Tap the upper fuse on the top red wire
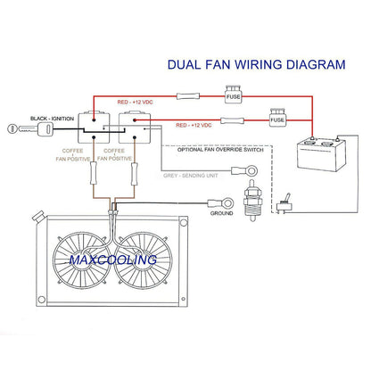[x=233, y=95]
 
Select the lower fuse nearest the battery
[x=277, y=118]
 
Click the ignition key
[x=29, y=129]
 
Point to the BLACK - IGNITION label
[x=52, y=119]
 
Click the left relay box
[x=94, y=128]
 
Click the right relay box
[x=135, y=128]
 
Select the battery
[x=322, y=154]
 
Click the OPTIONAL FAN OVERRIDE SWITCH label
[x=220, y=149]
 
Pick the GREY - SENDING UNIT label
[x=191, y=176]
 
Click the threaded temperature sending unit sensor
[x=252, y=201]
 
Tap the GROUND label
[x=221, y=213]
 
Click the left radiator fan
[x=81, y=260]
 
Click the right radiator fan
[x=143, y=260]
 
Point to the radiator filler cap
[x=38, y=216]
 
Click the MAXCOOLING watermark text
[x=113, y=260]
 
